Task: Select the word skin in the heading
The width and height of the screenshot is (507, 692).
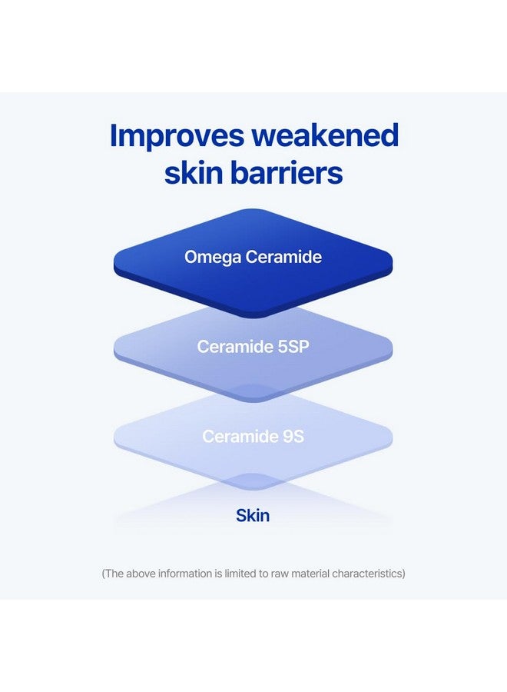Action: click(x=194, y=174)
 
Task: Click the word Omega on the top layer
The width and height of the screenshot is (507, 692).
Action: click(x=212, y=257)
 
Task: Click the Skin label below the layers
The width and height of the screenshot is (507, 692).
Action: click(x=253, y=515)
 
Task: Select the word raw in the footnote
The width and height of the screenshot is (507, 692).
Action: click(x=281, y=574)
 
